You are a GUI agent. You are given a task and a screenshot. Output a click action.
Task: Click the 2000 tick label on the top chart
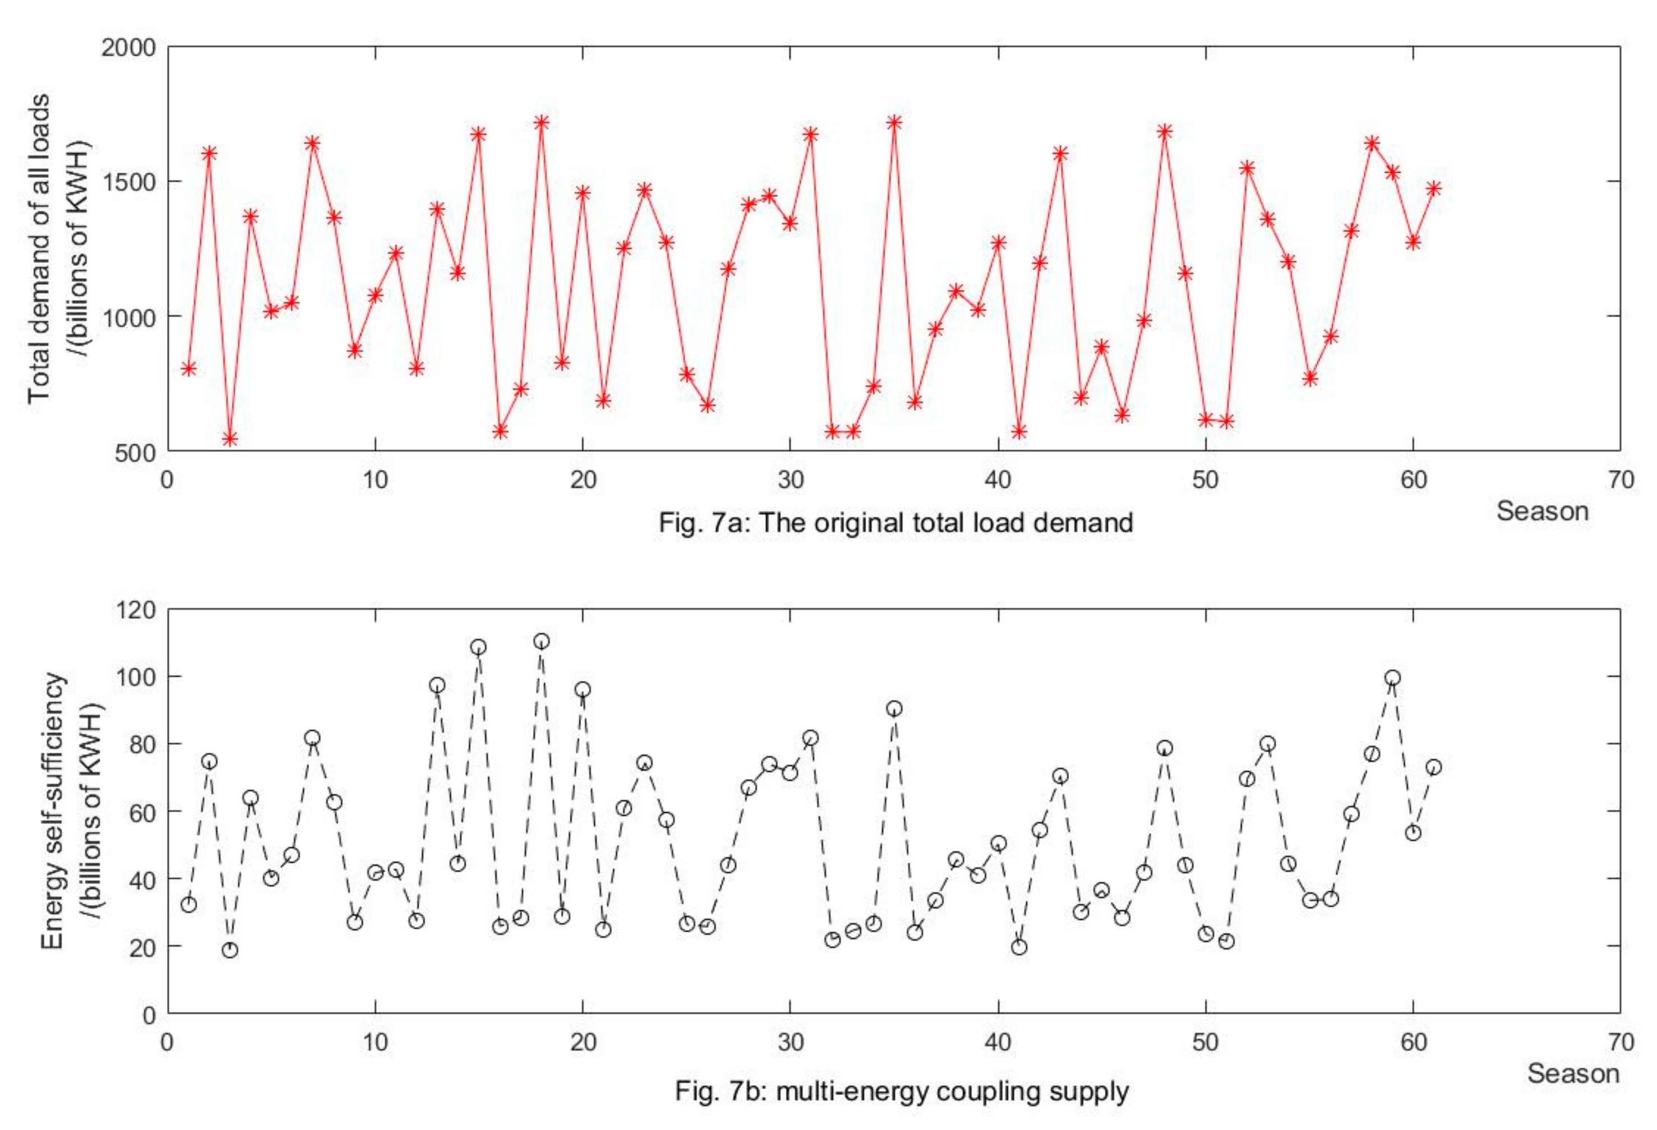128,47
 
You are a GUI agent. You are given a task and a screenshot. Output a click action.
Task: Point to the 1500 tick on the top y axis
128,182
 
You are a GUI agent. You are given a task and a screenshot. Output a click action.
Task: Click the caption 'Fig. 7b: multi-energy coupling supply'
902,1091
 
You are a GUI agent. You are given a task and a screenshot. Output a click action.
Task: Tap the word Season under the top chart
1542,511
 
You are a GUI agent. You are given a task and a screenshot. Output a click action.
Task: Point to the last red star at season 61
1434,188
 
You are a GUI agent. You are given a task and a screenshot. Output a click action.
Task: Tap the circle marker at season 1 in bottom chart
189,905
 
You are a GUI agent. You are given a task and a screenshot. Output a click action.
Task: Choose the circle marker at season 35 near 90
894,708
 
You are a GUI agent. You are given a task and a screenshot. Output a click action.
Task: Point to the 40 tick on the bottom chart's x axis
997,1043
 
